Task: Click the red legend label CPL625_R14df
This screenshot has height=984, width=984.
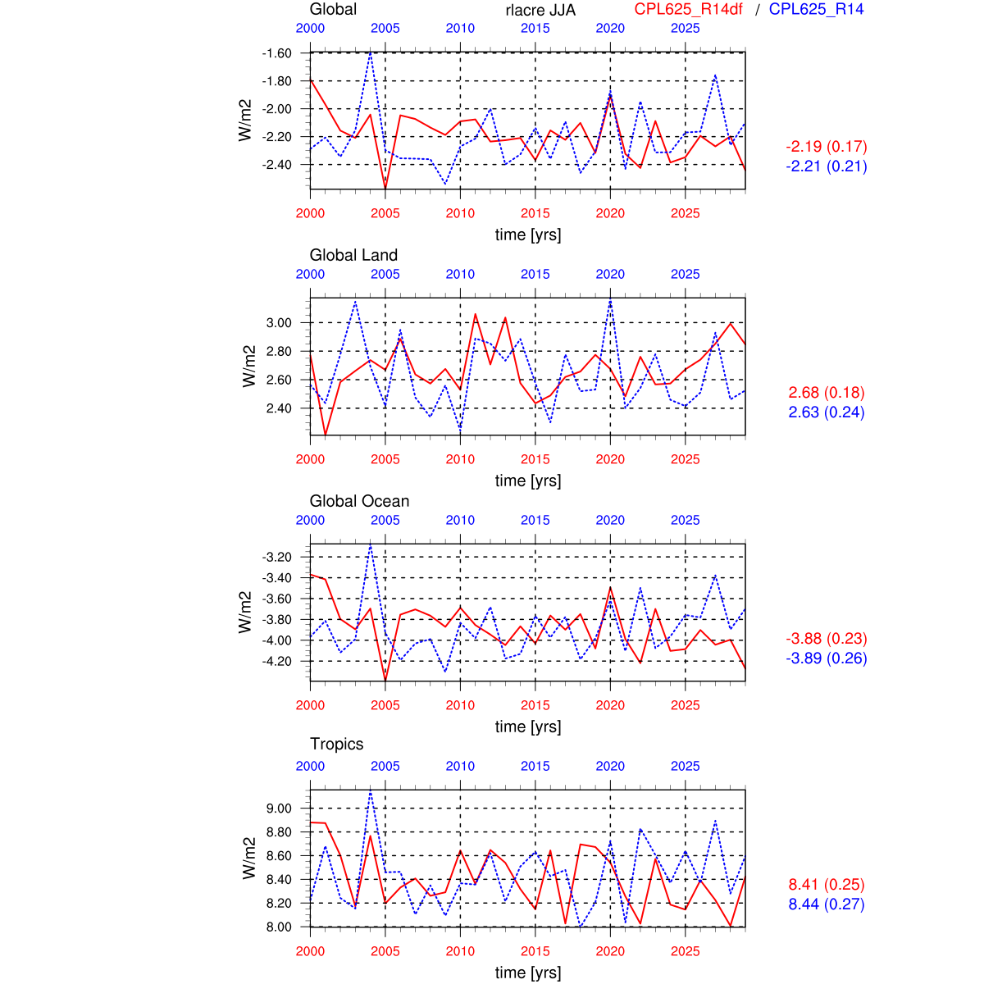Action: click(688, 9)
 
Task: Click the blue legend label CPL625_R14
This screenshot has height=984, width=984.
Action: click(816, 9)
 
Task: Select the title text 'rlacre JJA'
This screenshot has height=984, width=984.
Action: click(540, 10)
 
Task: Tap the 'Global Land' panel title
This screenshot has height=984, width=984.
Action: click(353, 255)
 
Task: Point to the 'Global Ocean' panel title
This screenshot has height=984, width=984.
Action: click(359, 501)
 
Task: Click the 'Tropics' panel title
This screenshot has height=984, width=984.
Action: click(336, 744)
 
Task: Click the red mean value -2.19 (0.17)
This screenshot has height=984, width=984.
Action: click(827, 147)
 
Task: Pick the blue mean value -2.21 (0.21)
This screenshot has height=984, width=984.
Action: click(827, 166)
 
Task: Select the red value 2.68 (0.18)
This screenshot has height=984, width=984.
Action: click(827, 393)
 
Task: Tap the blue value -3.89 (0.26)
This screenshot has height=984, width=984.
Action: click(827, 658)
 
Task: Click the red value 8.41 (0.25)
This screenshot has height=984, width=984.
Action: click(827, 885)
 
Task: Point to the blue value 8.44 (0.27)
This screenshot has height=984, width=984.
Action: click(827, 904)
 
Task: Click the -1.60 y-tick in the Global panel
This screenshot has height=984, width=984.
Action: click(277, 53)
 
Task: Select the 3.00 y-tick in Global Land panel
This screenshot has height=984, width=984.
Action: click(279, 323)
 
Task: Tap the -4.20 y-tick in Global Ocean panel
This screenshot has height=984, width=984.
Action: click(277, 661)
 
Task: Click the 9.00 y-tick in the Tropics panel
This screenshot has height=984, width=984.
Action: click(279, 809)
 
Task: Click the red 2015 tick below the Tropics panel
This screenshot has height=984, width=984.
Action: click(535, 951)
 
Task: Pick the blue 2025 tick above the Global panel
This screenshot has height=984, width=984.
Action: click(686, 28)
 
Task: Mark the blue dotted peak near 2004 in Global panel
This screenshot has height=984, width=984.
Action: click(371, 52)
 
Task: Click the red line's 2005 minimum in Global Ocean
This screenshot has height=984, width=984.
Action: click(385, 680)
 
